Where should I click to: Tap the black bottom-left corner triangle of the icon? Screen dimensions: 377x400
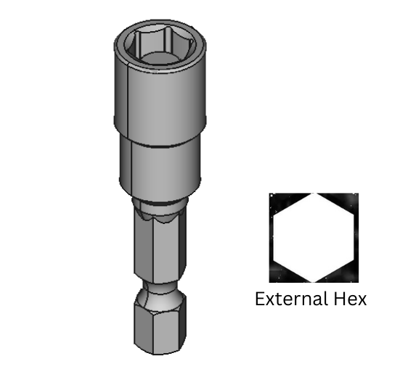point(279,275)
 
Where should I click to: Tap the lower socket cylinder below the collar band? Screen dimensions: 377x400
point(158,167)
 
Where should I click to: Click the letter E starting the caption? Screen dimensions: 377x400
point(260,299)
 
